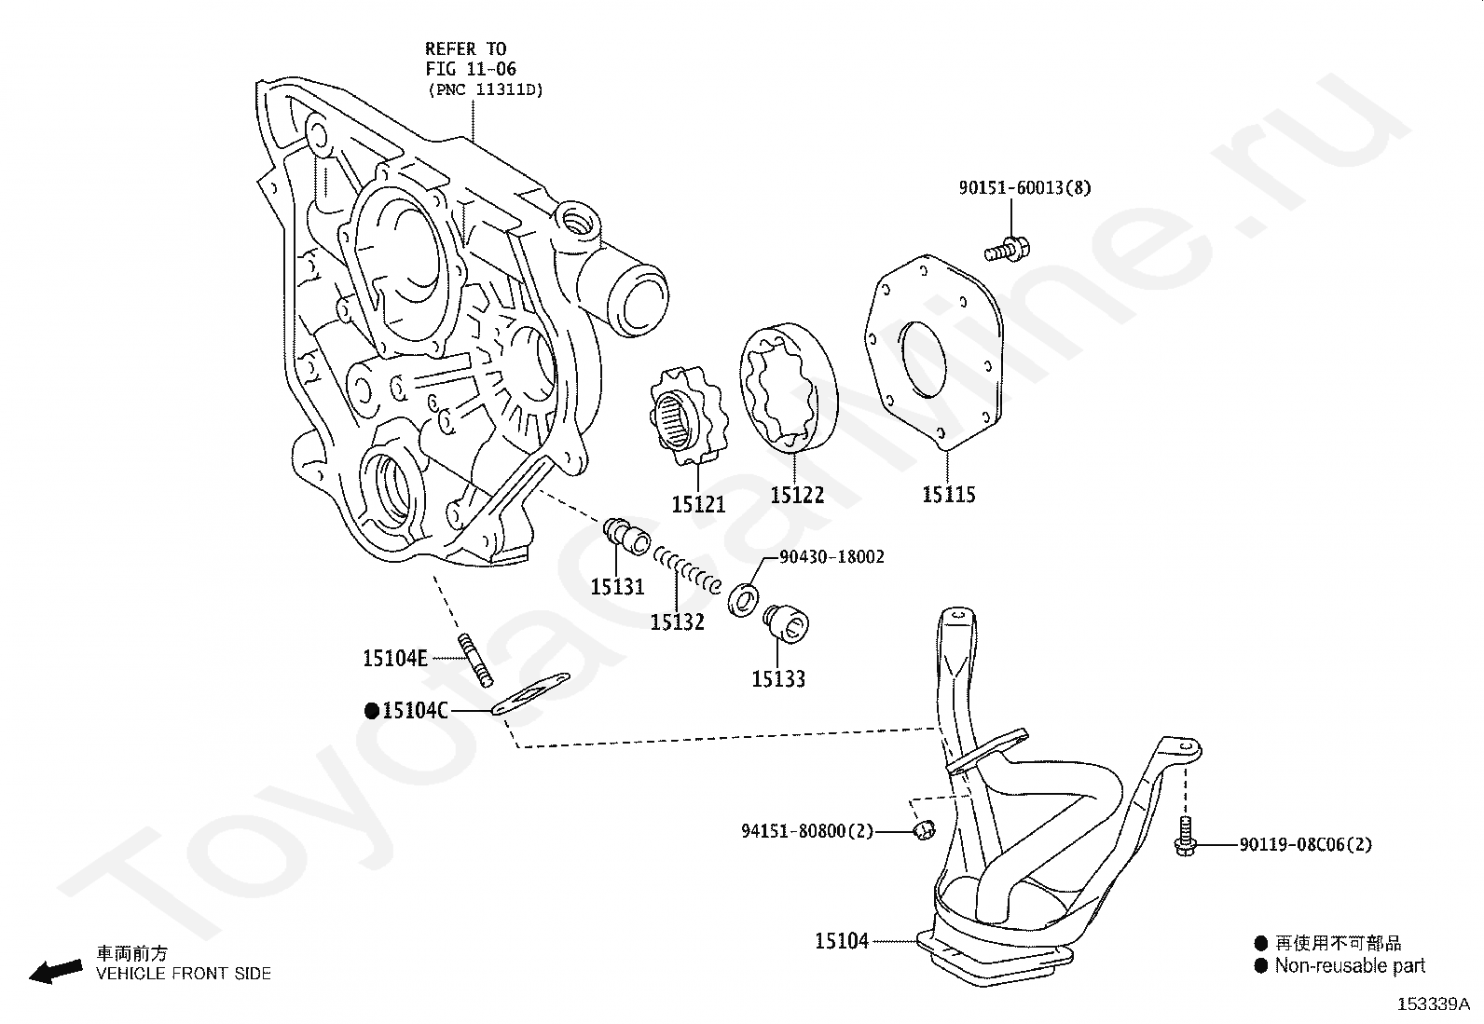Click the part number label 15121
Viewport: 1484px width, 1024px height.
(698, 505)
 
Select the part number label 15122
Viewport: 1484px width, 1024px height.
(797, 495)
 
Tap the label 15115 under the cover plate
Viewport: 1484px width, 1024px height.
(949, 494)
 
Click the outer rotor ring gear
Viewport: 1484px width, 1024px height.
(789, 389)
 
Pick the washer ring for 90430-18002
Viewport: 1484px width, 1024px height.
(744, 600)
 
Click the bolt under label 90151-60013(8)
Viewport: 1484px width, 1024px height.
(1007, 251)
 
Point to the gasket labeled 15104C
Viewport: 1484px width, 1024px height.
(530, 693)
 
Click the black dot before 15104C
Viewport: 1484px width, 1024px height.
(372, 711)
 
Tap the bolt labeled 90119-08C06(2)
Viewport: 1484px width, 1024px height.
(1185, 837)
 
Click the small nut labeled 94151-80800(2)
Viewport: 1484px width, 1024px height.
(924, 829)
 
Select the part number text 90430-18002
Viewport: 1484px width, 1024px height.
(831, 557)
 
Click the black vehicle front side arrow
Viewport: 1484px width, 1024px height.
(56, 971)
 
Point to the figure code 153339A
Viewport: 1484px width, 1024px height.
(1434, 1004)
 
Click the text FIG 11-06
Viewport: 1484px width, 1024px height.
(471, 69)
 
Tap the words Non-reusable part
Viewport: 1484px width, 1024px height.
(1350, 966)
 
